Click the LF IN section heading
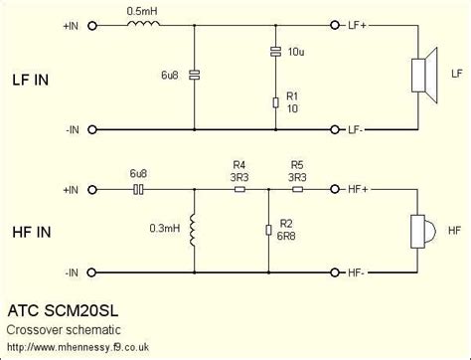tap(35, 78)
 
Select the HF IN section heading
tap(35, 230)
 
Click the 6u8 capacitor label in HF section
tap(138, 172)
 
